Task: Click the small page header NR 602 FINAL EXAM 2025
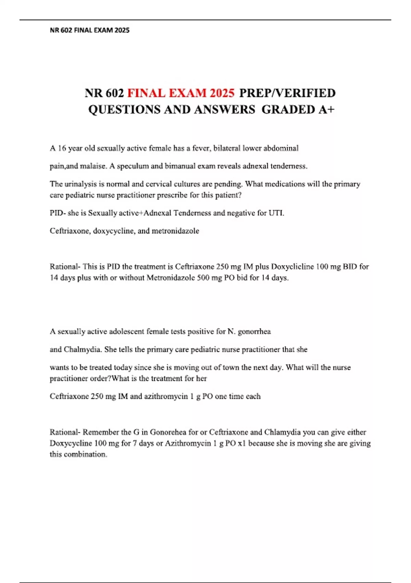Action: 90,30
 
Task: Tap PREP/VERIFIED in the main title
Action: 287,93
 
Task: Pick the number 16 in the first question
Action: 62,148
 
